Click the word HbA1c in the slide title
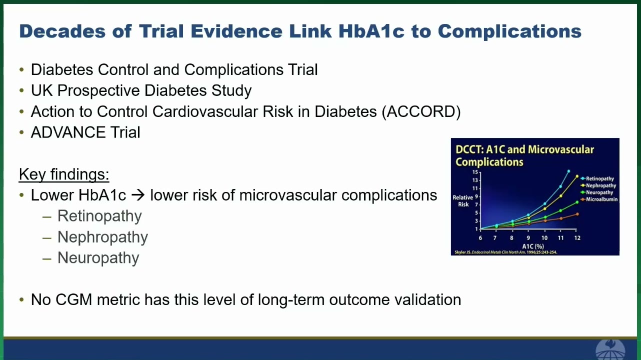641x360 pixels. point(371,31)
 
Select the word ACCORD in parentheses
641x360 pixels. point(421,111)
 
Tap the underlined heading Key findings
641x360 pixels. point(64,174)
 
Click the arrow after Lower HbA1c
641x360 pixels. point(138,195)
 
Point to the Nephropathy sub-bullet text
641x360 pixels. point(102,237)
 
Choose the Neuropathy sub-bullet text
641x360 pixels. point(98,258)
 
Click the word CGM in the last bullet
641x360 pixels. point(74,299)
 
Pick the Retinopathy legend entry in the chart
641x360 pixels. point(597,178)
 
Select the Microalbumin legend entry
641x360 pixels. point(599,199)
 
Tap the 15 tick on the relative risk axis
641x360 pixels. point(475,172)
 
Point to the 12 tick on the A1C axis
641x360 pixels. point(577,238)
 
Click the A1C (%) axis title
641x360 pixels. point(533,246)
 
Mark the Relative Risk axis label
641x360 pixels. point(463,201)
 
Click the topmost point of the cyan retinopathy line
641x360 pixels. point(568,171)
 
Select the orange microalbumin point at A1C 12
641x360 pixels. point(577,214)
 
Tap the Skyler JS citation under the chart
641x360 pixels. point(505,252)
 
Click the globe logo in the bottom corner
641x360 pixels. point(610,349)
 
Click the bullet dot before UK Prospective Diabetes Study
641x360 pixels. point(21,90)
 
